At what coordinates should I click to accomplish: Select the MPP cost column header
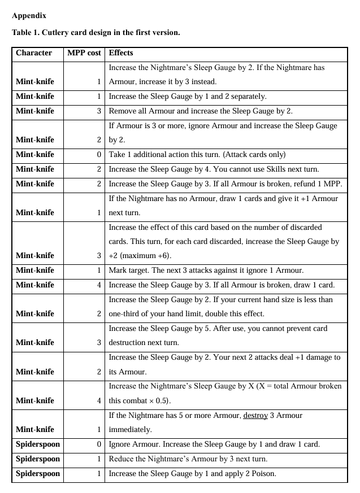point(84,53)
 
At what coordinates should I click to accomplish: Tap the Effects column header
point(120,53)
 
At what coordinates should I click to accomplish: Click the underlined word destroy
point(258,415)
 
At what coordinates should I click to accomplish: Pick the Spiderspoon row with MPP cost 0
point(37,444)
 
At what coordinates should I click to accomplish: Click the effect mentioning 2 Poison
point(192,474)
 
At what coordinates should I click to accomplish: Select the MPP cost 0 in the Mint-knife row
point(98,154)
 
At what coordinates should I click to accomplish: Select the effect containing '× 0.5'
point(139,400)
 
